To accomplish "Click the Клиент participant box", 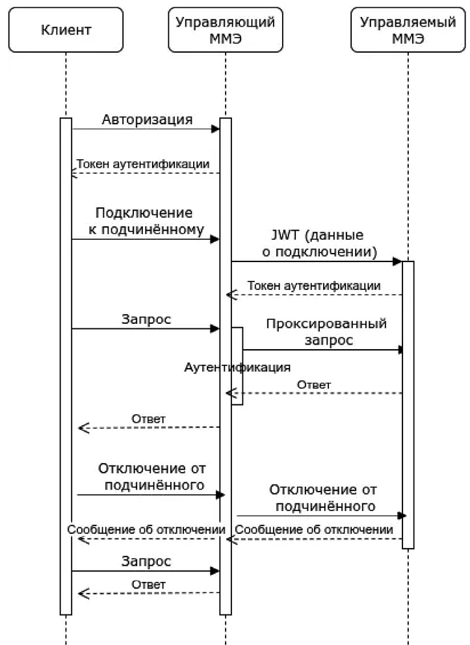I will click(66, 30).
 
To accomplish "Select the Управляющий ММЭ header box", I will click(225, 30).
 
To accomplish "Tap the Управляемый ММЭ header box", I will click(408, 30).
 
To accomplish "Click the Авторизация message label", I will click(147, 120).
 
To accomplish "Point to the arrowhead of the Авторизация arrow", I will click(216, 129).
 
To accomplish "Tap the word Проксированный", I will click(326, 324).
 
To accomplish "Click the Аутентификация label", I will click(237, 367).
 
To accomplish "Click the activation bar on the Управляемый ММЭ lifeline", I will click(408, 403).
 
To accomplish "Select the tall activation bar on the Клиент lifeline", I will click(66, 364).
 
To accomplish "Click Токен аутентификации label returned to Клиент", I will click(143, 164).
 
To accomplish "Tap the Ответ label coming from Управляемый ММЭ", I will click(314, 385).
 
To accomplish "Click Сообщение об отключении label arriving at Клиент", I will click(146, 530).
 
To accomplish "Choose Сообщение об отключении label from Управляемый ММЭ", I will click(314, 530).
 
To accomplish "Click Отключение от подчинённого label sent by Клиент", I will click(151, 477).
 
